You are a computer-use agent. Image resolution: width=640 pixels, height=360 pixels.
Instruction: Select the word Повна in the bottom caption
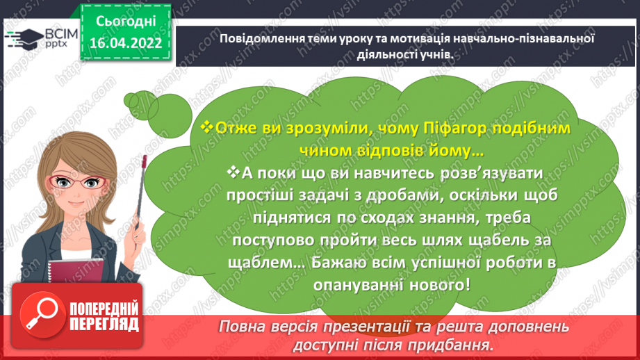coord(245,327)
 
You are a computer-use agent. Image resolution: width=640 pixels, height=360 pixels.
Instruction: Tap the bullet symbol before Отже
coord(205,129)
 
